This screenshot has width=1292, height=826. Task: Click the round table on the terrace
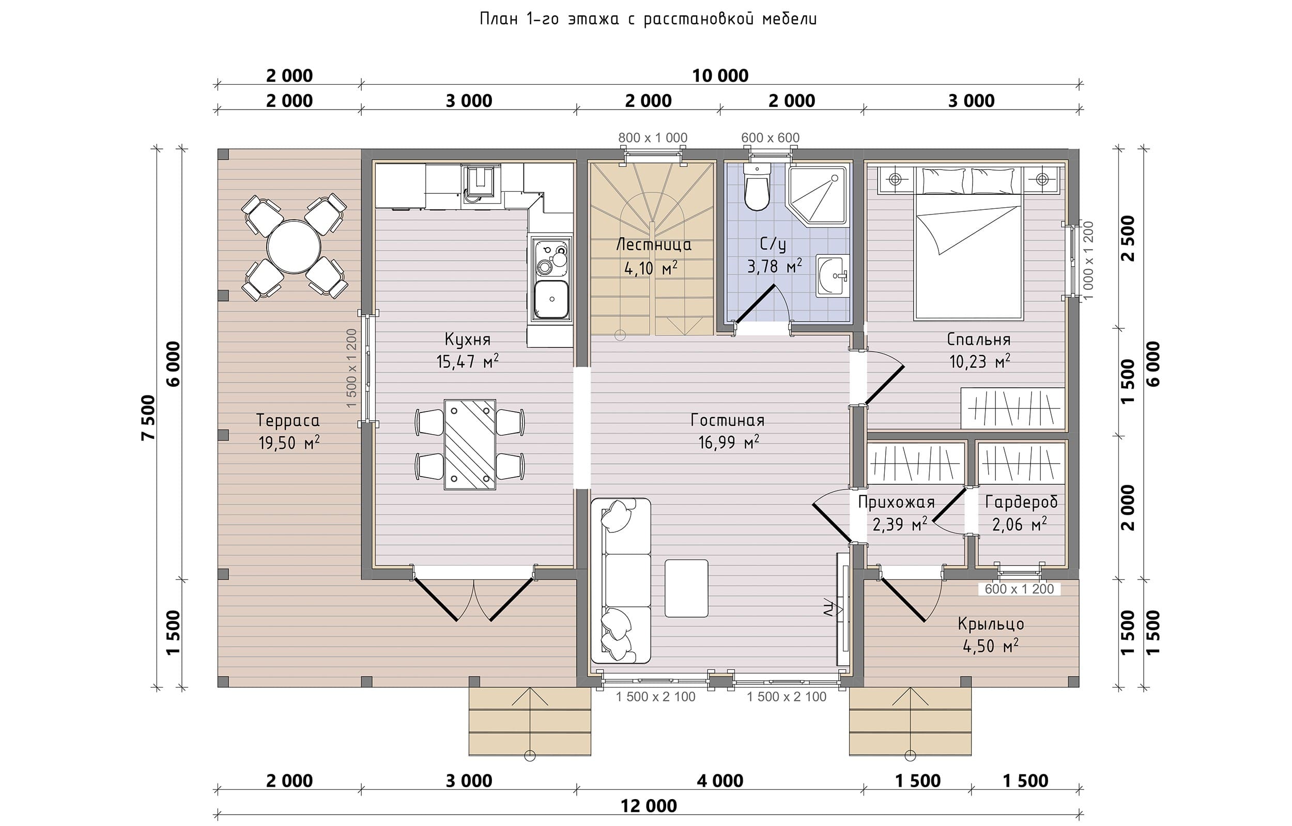coord(294,247)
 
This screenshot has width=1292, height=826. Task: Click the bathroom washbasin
coord(832,276)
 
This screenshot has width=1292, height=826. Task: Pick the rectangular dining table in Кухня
coord(469,445)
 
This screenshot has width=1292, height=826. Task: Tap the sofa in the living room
coord(621,580)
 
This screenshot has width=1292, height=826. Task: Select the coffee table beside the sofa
coord(686,588)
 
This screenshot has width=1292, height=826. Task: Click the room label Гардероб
coord(1021,502)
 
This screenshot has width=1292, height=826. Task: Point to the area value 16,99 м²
coord(729,442)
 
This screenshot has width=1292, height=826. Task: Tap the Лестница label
coord(654,246)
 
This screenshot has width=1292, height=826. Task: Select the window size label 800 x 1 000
coord(652,138)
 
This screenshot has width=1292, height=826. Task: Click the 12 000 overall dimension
coord(649,806)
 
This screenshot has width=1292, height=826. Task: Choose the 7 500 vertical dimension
coord(148,418)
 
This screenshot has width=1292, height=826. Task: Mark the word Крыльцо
coord(991,624)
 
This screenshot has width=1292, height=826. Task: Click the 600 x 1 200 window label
coord(1020,589)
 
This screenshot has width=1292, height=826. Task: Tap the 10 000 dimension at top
coord(720,75)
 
